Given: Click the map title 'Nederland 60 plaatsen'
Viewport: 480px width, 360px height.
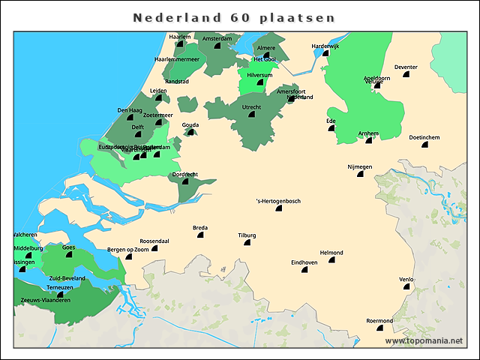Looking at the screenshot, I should click(x=234, y=16).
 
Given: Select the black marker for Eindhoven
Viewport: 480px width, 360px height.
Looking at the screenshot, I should click(x=304, y=269).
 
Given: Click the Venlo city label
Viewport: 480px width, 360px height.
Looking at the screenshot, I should click(x=406, y=280).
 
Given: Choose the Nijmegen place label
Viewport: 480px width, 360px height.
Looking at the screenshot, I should click(x=359, y=166).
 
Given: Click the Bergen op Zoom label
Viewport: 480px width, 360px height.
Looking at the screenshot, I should click(x=127, y=249).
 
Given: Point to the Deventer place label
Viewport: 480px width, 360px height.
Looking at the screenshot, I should click(x=406, y=67).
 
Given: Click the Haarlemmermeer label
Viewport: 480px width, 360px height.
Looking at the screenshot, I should click(x=176, y=58).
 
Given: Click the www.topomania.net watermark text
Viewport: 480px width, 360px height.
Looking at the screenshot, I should click(x=424, y=340).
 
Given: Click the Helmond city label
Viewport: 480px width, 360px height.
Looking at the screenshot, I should click(x=331, y=252).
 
